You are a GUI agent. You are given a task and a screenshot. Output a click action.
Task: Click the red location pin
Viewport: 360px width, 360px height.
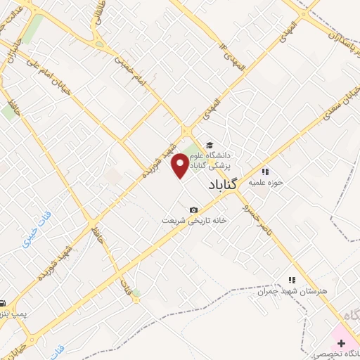coord(181,165)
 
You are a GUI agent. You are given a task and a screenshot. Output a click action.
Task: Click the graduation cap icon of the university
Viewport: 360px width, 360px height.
coord(209,145)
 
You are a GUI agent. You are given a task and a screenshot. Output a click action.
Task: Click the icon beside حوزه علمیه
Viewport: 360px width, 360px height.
coord(265,171)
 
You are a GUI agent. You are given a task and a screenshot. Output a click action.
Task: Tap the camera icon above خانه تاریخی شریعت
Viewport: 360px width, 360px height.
coord(194,210)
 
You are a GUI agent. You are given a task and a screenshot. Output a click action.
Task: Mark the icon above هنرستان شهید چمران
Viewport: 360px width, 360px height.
coord(292,280)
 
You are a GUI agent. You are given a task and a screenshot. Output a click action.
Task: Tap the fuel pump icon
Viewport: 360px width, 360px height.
coord(4,302)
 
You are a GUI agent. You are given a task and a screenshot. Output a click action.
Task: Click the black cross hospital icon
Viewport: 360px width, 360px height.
coord(341,342)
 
